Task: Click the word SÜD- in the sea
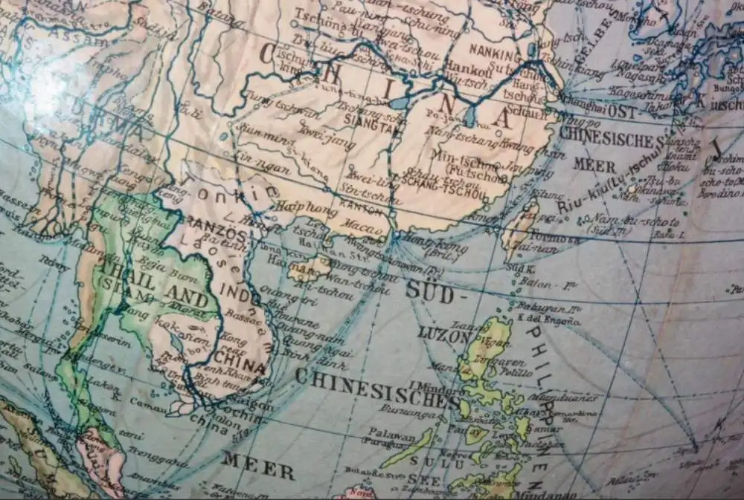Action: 429,291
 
